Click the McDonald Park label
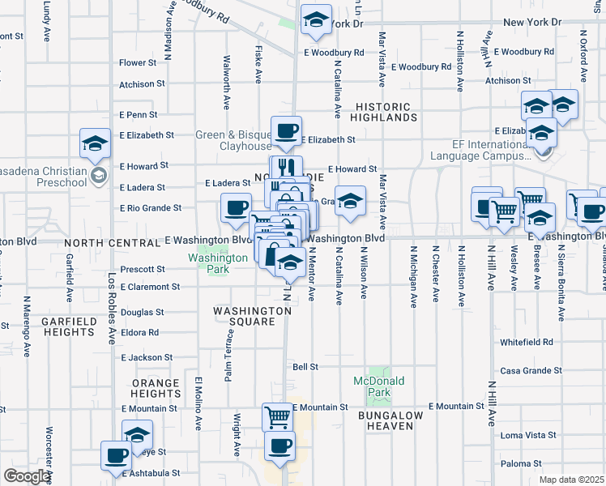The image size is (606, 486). click(x=378, y=386)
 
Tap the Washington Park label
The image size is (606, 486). click(x=217, y=258)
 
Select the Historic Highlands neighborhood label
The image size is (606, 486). click(x=385, y=112)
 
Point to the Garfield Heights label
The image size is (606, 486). click(x=68, y=326)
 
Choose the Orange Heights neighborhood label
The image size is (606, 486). click(x=156, y=388)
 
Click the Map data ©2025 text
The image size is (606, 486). click(x=572, y=480)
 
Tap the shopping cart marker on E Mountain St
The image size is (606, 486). click(x=277, y=417)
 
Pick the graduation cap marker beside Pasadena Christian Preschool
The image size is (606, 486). click(x=95, y=143)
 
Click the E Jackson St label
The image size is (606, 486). click(x=147, y=357)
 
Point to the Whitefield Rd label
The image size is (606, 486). click(x=526, y=343)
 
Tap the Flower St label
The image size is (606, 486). click(x=137, y=62)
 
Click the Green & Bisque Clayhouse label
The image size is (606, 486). click(x=233, y=140)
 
